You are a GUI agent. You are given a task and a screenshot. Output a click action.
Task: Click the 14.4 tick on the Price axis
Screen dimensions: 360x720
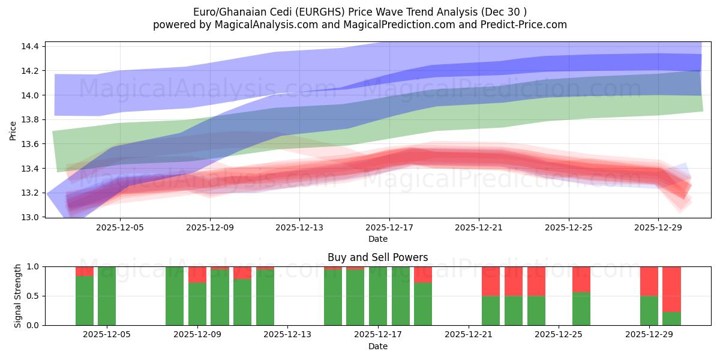tap(31, 46)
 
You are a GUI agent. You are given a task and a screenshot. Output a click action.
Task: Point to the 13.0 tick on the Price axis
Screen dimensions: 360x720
tap(31, 217)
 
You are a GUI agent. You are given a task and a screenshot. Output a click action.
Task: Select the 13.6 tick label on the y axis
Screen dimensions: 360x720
tap(31, 144)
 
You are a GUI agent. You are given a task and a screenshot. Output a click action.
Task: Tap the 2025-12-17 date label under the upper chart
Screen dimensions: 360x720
tap(389, 228)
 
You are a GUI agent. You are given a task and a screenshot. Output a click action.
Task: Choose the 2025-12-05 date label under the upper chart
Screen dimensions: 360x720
tap(120, 228)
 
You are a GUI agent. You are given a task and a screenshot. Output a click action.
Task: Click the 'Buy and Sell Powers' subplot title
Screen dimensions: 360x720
tap(377, 257)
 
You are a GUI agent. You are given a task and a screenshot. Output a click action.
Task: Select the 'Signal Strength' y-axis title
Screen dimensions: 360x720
tap(18, 296)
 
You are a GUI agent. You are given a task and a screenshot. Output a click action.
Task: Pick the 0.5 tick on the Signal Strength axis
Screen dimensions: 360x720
tap(34, 296)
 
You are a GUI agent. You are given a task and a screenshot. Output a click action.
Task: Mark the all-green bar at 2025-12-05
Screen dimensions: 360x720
tap(107, 296)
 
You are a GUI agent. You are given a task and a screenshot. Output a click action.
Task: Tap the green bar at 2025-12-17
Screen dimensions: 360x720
tap(378, 296)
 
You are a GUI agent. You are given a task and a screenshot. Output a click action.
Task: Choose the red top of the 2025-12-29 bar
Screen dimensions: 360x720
tap(649, 281)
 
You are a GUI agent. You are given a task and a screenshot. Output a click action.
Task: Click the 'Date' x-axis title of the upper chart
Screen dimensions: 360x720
tap(377, 239)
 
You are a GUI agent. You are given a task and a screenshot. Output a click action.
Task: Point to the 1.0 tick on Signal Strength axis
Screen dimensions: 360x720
tap(34, 266)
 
